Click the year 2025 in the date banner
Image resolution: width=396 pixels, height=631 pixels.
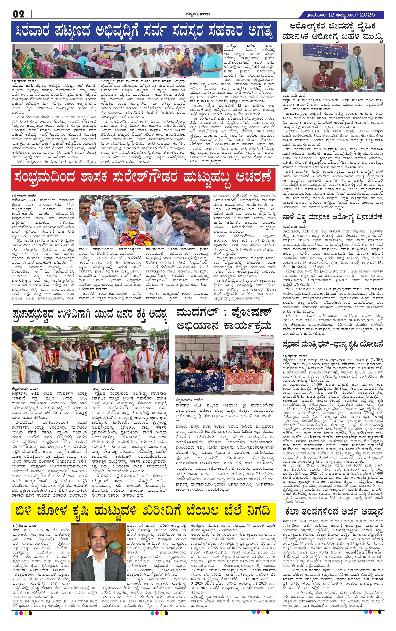tap(367, 15)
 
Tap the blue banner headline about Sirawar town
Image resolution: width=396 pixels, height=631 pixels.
tap(144, 32)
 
